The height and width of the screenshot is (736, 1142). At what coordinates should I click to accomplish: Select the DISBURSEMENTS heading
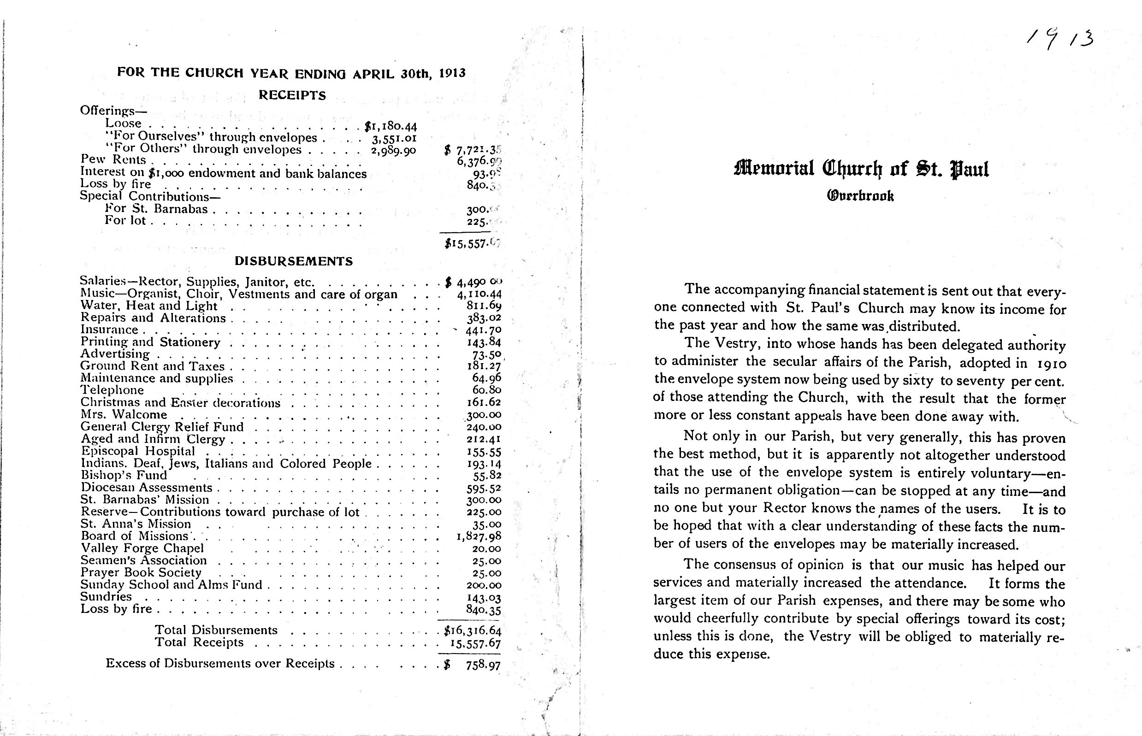[x=294, y=261]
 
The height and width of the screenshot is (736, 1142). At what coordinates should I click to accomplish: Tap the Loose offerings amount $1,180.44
[x=391, y=126]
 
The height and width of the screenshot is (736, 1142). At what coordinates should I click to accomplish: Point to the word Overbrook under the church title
[x=860, y=196]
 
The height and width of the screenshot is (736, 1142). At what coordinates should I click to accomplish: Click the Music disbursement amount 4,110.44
[x=479, y=294]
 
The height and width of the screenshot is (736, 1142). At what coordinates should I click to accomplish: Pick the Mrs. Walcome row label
[x=124, y=414]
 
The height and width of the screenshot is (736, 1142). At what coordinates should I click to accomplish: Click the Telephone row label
[x=112, y=390]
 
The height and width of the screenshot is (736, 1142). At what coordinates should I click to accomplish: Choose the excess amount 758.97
[x=483, y=665]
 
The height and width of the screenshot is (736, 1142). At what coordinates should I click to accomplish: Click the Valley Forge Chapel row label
[x=142, y=548]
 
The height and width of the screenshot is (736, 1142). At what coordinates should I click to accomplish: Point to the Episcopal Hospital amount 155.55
[x=484, y=452]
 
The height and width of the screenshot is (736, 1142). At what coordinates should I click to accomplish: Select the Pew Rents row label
[x=113, y=159]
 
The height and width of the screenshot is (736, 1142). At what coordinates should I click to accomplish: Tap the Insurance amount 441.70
[x=483, y=330]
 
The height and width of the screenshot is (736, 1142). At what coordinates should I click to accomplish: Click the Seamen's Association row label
[x=143, y=560]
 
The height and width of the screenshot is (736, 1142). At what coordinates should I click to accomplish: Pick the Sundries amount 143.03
[x=484, y=597]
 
